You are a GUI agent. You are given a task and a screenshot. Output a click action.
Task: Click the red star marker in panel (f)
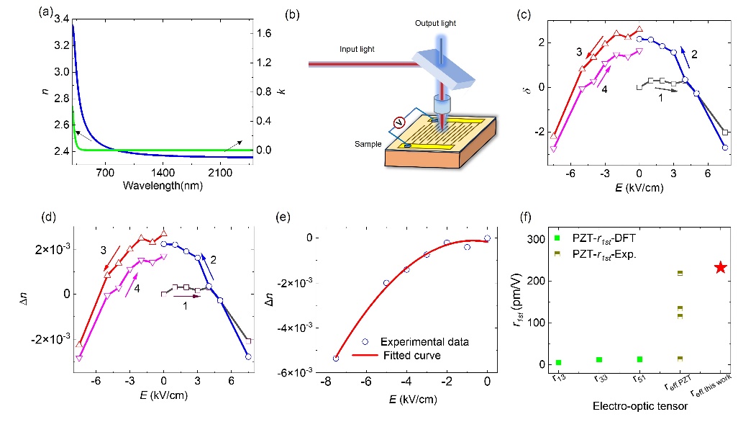(720, 267)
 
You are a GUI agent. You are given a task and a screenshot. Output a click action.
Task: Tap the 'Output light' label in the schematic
(435, 24)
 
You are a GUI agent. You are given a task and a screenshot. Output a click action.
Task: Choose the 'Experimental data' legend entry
(434, 342)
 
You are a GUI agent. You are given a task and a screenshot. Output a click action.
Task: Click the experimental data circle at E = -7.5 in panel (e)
(316, 358)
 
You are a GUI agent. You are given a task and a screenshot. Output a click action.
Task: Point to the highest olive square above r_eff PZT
(680, 273)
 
